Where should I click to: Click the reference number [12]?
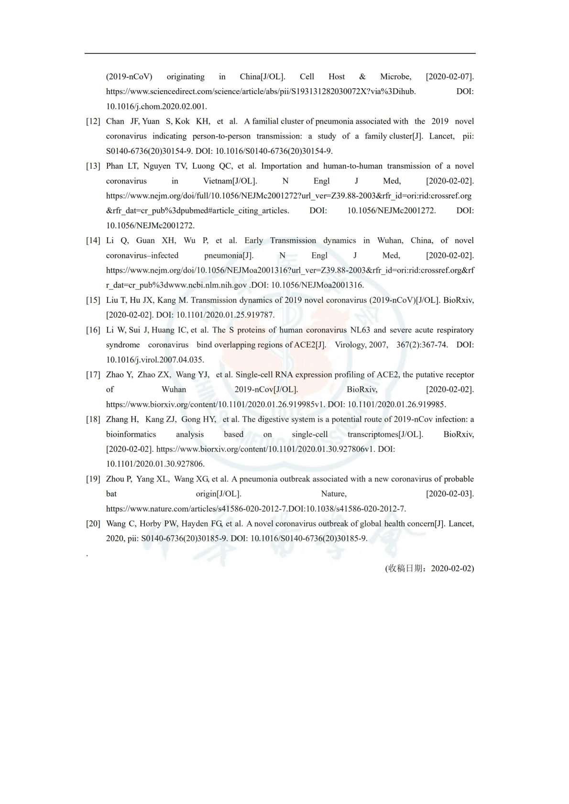point(93,121)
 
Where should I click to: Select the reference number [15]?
point(93,300)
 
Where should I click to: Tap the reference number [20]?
point(93,524)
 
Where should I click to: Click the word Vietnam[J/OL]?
point(230,181)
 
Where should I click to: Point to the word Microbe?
point(395,77)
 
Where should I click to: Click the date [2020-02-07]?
point(449,77)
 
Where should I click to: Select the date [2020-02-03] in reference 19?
point(449,494)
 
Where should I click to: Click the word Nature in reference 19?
point(333,494)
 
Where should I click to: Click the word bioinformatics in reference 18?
point(131,434)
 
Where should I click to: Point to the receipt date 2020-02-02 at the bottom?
point(451,568)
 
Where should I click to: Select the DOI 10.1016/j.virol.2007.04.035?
point(155,360)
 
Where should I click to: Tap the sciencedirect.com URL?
point(261,92)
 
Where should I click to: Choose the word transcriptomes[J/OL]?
point(385,434)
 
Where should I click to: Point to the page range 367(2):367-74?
point(422,345)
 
